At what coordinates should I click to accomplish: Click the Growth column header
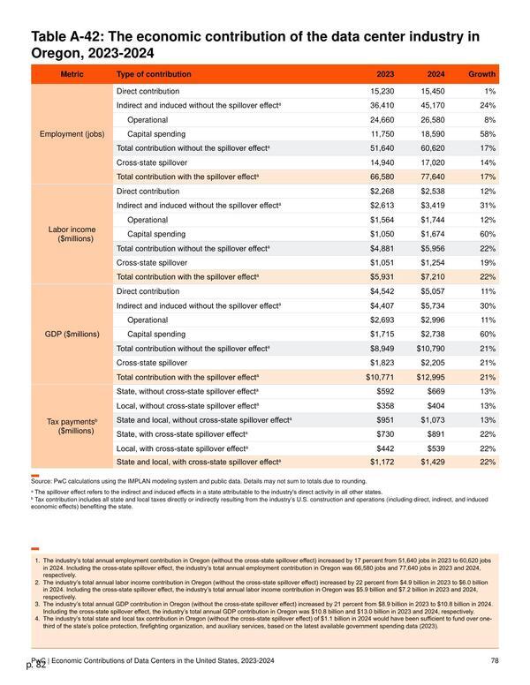point(481,74)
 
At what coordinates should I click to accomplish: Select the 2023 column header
point(385,74)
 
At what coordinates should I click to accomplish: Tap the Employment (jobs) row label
point(72,134)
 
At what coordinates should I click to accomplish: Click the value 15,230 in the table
point(382,91)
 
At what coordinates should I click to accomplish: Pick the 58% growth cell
point(488,134)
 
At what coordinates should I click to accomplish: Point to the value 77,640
point(433,177)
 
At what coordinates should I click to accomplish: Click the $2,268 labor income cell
point(382,192)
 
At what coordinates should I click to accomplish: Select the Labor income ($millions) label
point(72,234)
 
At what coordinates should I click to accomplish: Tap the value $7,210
point(433,277)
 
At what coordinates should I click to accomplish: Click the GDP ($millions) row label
point(72,335)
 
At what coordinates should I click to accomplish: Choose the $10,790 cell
point(431,349)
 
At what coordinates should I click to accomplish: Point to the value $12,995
point(431,377)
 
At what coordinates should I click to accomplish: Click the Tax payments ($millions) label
point(72,426)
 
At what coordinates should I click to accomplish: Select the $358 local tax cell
point(385,406)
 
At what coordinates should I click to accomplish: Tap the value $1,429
point(433,463)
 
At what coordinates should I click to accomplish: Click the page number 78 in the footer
point(495,660)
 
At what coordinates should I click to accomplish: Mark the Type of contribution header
point(154,74)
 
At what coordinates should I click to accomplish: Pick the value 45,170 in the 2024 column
point(433,106)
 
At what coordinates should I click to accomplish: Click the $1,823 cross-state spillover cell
point(382,363)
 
